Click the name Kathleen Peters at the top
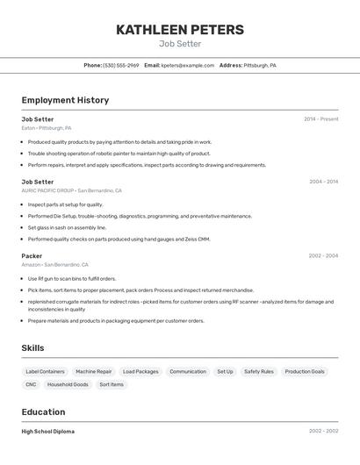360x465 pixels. [180, 30]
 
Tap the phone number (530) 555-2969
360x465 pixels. [121, 65]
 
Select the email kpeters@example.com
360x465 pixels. [188, 65]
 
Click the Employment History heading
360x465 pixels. [65, 100]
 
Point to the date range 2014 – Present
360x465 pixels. [320, 119]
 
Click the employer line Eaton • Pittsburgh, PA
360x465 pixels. [47, 128]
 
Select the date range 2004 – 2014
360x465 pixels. [323, 182]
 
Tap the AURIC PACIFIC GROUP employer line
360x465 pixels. [71, 190]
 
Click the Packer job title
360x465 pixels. [32, 256]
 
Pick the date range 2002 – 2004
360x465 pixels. [323, 256]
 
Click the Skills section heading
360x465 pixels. [32, 348]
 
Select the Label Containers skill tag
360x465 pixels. [45, 371]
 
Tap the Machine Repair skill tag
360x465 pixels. [93, 371]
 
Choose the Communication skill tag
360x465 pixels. [188, 371]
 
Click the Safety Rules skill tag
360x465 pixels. [258, 371]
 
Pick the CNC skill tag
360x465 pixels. [31, 384]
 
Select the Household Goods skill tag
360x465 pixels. [68, 384]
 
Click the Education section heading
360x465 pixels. [43, 412]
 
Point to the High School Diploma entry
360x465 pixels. [47, 432]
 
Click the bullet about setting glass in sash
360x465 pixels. [67, 227]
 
